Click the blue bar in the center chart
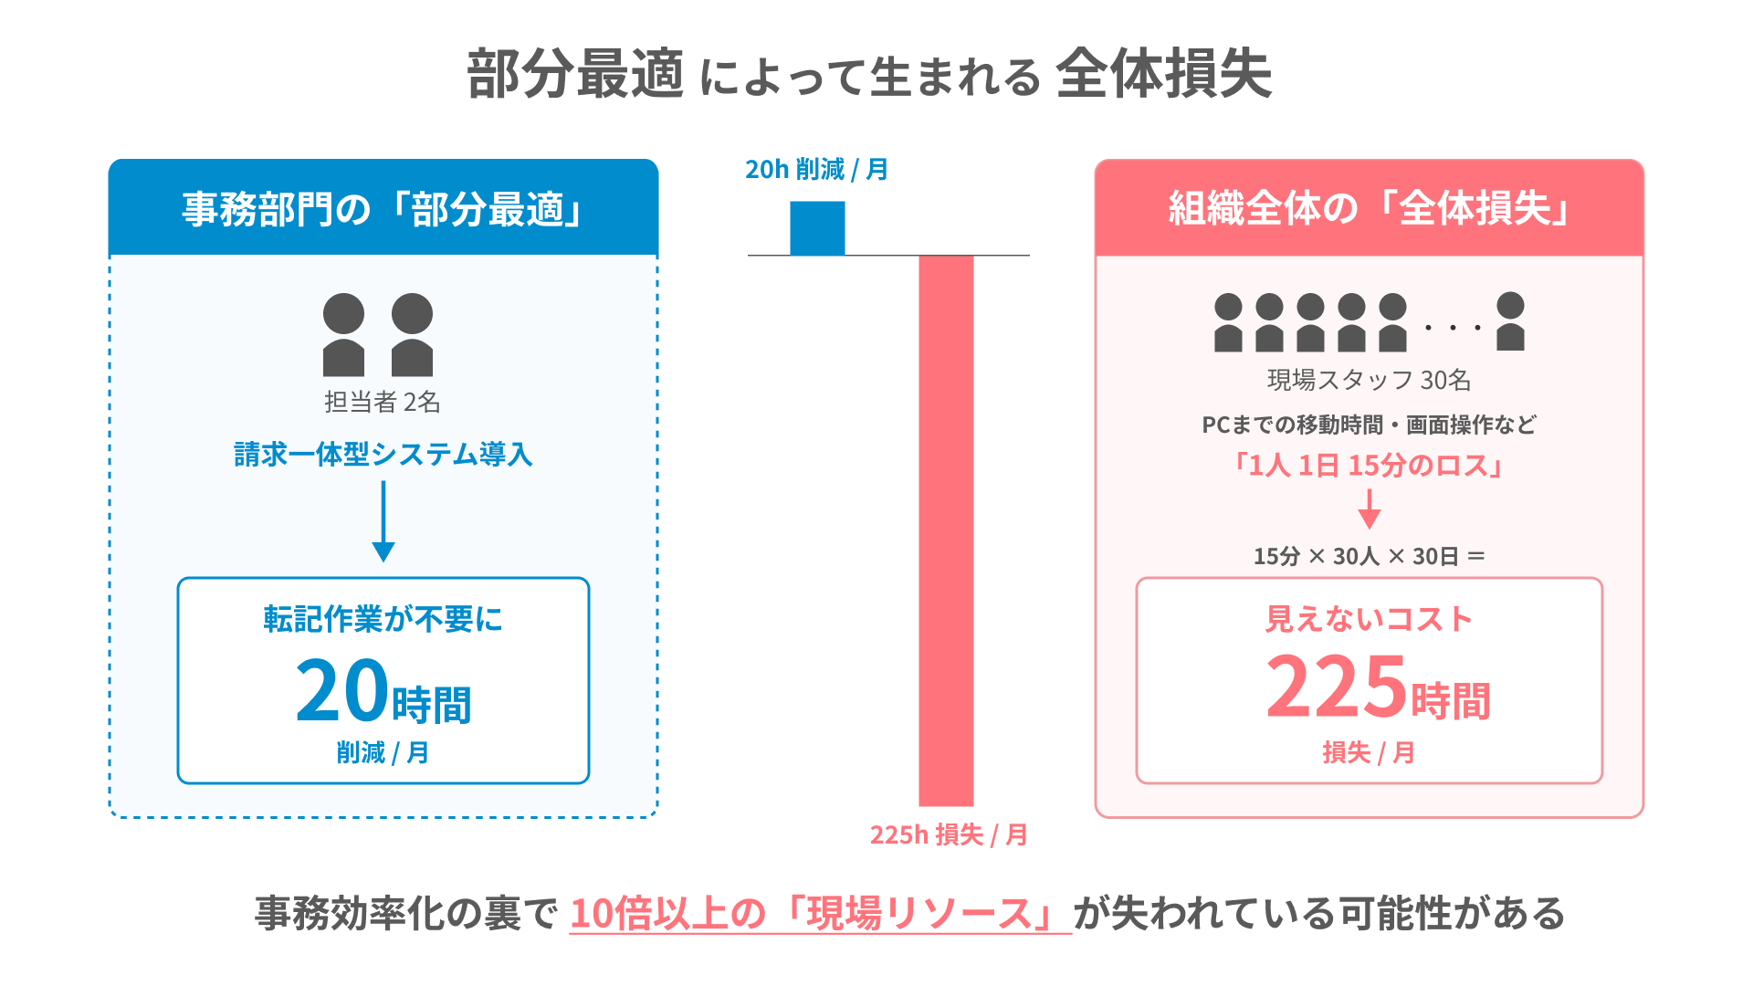[x=817, y=228]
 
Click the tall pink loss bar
[x=946, y=530]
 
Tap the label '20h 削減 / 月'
[x=816, y=170]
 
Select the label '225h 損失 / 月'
[x=949, y=834]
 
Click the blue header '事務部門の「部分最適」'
[x=383, y=209]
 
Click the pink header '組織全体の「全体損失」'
[x=1369, y=209]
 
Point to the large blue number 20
[x=342, y=691]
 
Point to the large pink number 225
[x=1337, y=687]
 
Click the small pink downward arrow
[x=1369, y=509]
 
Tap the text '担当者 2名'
[x=383, y=402]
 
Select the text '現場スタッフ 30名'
[x=1369, y=380]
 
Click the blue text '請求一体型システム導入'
[x=383, y=454]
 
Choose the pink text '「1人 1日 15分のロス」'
[x=1369, y=466]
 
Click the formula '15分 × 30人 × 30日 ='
[x=1369, y=556]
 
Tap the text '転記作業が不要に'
[x=383, y=619]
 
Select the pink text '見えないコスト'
[x=1369, y=619]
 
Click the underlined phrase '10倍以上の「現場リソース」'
[x=820, y=914]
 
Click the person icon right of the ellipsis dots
[x=1510, y=321]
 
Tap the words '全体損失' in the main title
[x=1164, y=74]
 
